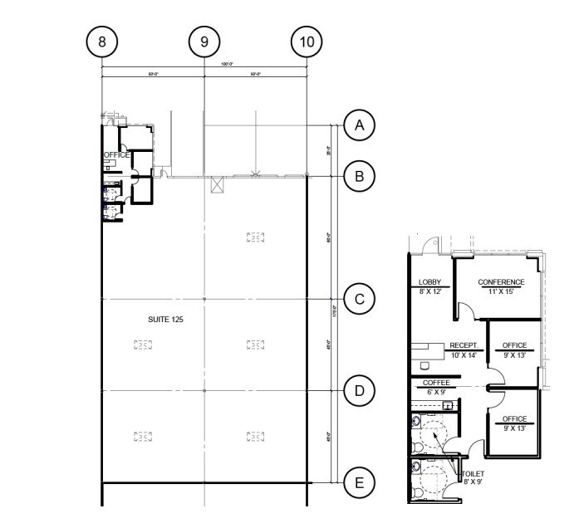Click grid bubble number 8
pyautogui.click(x=101, y=40)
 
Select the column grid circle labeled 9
pyautogui.click(x=204, y=40)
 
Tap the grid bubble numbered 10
pyautogui.click(x=307, y=40)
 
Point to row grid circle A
pyautogui.click(x=359, y=125)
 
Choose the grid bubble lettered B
pyautogui.click(x=359, y=176)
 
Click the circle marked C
pyautogui.click(x=359, y=299)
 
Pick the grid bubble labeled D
pyautogui.click(x=359, y=390)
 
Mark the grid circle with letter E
pyautogui.click(x=359, y=482)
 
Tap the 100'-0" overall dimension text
pyautogui.click(x=204, y=64)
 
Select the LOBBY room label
pyautogui.click(x=429, y=282)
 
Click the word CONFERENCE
pyautogui.click(x=501, y=282)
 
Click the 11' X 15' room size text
pyautogui.click(x=501, y=292)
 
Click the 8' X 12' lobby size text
pyautogui.click(x=429, y=292)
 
